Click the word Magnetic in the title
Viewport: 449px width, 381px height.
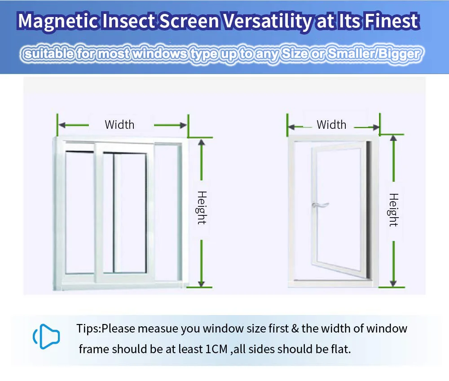[x=58, y=22]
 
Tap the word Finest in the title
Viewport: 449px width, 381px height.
[x=392, y=21]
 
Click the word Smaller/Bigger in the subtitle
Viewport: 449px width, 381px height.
[x=374, y=54]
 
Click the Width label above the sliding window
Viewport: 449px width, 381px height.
[x=119, y=125]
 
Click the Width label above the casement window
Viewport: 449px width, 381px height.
[x=331, y=125]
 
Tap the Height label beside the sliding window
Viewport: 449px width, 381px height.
[x=202, y=208]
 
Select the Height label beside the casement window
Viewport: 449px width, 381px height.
[x=393, y=210]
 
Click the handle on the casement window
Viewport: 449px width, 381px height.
[x=319, y=205]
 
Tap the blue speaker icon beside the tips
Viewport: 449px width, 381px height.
[x=46, y=337]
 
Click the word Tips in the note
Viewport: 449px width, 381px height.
[x=88, y=329]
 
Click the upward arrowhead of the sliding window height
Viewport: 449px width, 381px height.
[x=201, y=143]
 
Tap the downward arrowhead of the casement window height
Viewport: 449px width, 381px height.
[x=393, y=283]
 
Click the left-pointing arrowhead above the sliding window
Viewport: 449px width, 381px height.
[x=62, y=125]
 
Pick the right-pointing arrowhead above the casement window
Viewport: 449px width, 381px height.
[x=376, y=127]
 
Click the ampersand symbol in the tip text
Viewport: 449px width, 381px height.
[x=295, y=328]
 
